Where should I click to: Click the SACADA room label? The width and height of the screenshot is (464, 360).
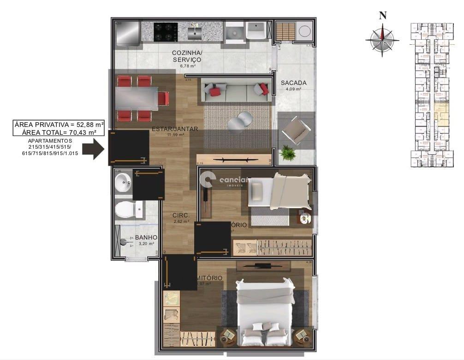click(x=294, y=83)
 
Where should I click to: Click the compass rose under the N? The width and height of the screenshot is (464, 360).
click(x=382, y=41)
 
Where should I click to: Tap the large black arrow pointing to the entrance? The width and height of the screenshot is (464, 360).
click(x=96, y=149)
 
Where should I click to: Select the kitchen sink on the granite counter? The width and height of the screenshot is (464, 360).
click(x=194, y=32)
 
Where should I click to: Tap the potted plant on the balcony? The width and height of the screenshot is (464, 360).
click(x=288, y=153)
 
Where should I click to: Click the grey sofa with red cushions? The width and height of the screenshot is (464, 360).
click(x=236, y=90)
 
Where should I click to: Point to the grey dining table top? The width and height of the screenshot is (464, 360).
click(x=136, y=98)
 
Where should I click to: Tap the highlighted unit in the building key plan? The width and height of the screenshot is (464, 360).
click(x=442, y=115)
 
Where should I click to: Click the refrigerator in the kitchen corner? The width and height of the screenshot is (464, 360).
click(x=128, y=32)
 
